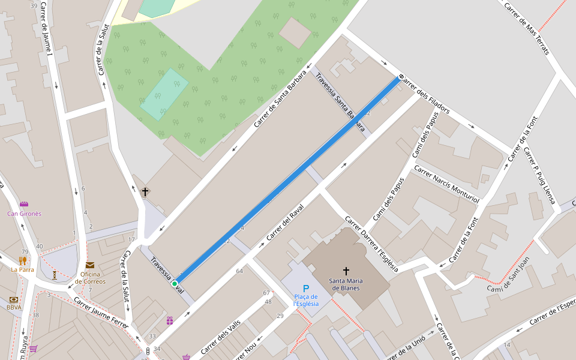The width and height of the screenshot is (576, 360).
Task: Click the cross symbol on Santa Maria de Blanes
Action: (x=346, y=271)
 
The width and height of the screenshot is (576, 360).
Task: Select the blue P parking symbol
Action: (x=306, y=289)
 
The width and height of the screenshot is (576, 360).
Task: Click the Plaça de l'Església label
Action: (x=306, y=300)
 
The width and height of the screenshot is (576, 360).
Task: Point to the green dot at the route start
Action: (x=175, y=283)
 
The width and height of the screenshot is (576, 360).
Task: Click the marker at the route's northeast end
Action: (x=401, y=77)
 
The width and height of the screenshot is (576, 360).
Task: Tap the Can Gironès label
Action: (x=24, y=214)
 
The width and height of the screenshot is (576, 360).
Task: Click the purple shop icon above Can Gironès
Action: (x=24, y=205)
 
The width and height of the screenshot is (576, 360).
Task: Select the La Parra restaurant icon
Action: (x=22, y=260)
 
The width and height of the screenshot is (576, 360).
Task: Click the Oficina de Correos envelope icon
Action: (x=90, y=265)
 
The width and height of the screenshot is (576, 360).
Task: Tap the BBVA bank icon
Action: (x=14, y=299)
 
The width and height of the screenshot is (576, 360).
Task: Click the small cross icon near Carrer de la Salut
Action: (x=145, y=192)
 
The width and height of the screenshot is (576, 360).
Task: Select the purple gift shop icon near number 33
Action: (x=170, y=320)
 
